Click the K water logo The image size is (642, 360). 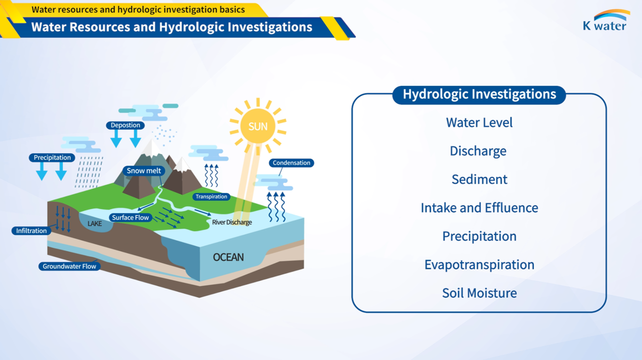pyautogui.click(x=606, y=20)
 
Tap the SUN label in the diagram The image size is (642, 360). pyautogui.click(x=258, y=126)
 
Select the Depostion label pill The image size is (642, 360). pyautogui.click(x=125, y=125)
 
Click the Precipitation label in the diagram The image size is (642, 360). pyautogui.click(x=52, y=157)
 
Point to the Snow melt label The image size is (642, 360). pyautogui.click(x=144, y=171)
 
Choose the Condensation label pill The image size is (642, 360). pyautogui.click(x=291, y=163)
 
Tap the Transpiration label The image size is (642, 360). pyautogui.click(x=211, y=196)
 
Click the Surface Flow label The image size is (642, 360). pyautogui.click(x=130, y=217)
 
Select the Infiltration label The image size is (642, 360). pyautogui.click(x=31, y=230)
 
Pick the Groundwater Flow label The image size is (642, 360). pyautogui.click(x=69, y=266)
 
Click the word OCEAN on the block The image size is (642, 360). pyautogui.click(x=228, y=257)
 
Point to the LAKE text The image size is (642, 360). pyautogui.click(x=94, y=223)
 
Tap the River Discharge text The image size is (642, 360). pyautogui.click(x=232, y=222)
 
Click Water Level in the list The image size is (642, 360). pyautogui.click(x=479, y=122)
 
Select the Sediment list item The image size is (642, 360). pyautogui.click(x=479, y=179)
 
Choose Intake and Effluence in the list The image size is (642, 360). pyautogui.click(x=479, y=208)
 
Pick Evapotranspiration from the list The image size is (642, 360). pyautogui.click(x=479, y=265)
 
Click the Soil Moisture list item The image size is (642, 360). pyautogui.click(x=479, y=293)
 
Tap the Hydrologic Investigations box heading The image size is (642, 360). pyautogui.click(x=479, y=94)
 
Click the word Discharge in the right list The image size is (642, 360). pyautogui.click(x=478, y=151)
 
